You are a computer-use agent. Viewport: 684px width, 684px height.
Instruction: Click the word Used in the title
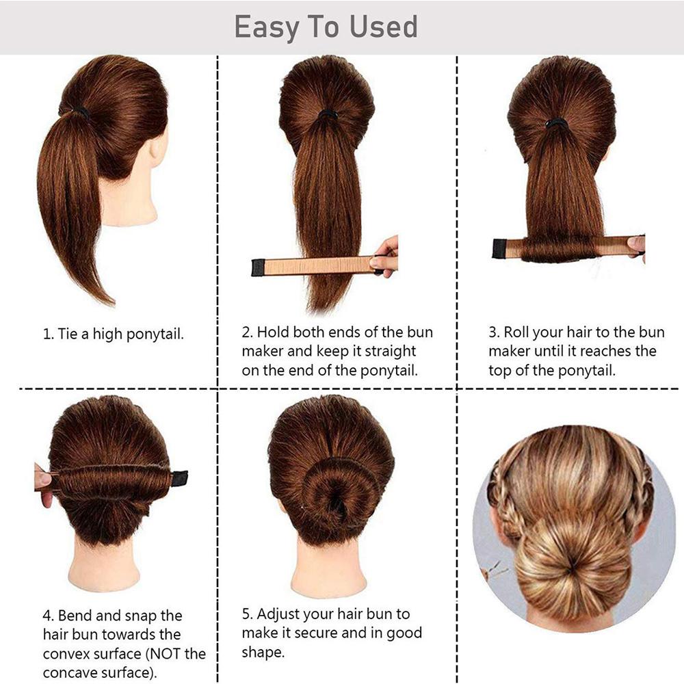pyautogui.click(x=384, y=27)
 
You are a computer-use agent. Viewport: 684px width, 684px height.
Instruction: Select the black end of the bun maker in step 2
pyautogui.click(x=258, y=267)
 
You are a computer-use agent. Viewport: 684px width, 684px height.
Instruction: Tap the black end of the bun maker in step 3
pyautogui.click(x=499, y=248)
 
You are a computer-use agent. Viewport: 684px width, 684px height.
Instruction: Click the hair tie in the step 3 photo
pyautogui.click(x=555, y=123)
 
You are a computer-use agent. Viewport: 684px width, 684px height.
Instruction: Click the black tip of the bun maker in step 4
pyautogui.click(x=180, y=478)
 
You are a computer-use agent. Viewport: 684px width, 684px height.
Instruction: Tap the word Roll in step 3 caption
pyautogui.click(x=516, y=332)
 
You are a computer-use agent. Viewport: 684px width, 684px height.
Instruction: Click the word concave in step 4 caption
pyautogui.click(x=70, y=672)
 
